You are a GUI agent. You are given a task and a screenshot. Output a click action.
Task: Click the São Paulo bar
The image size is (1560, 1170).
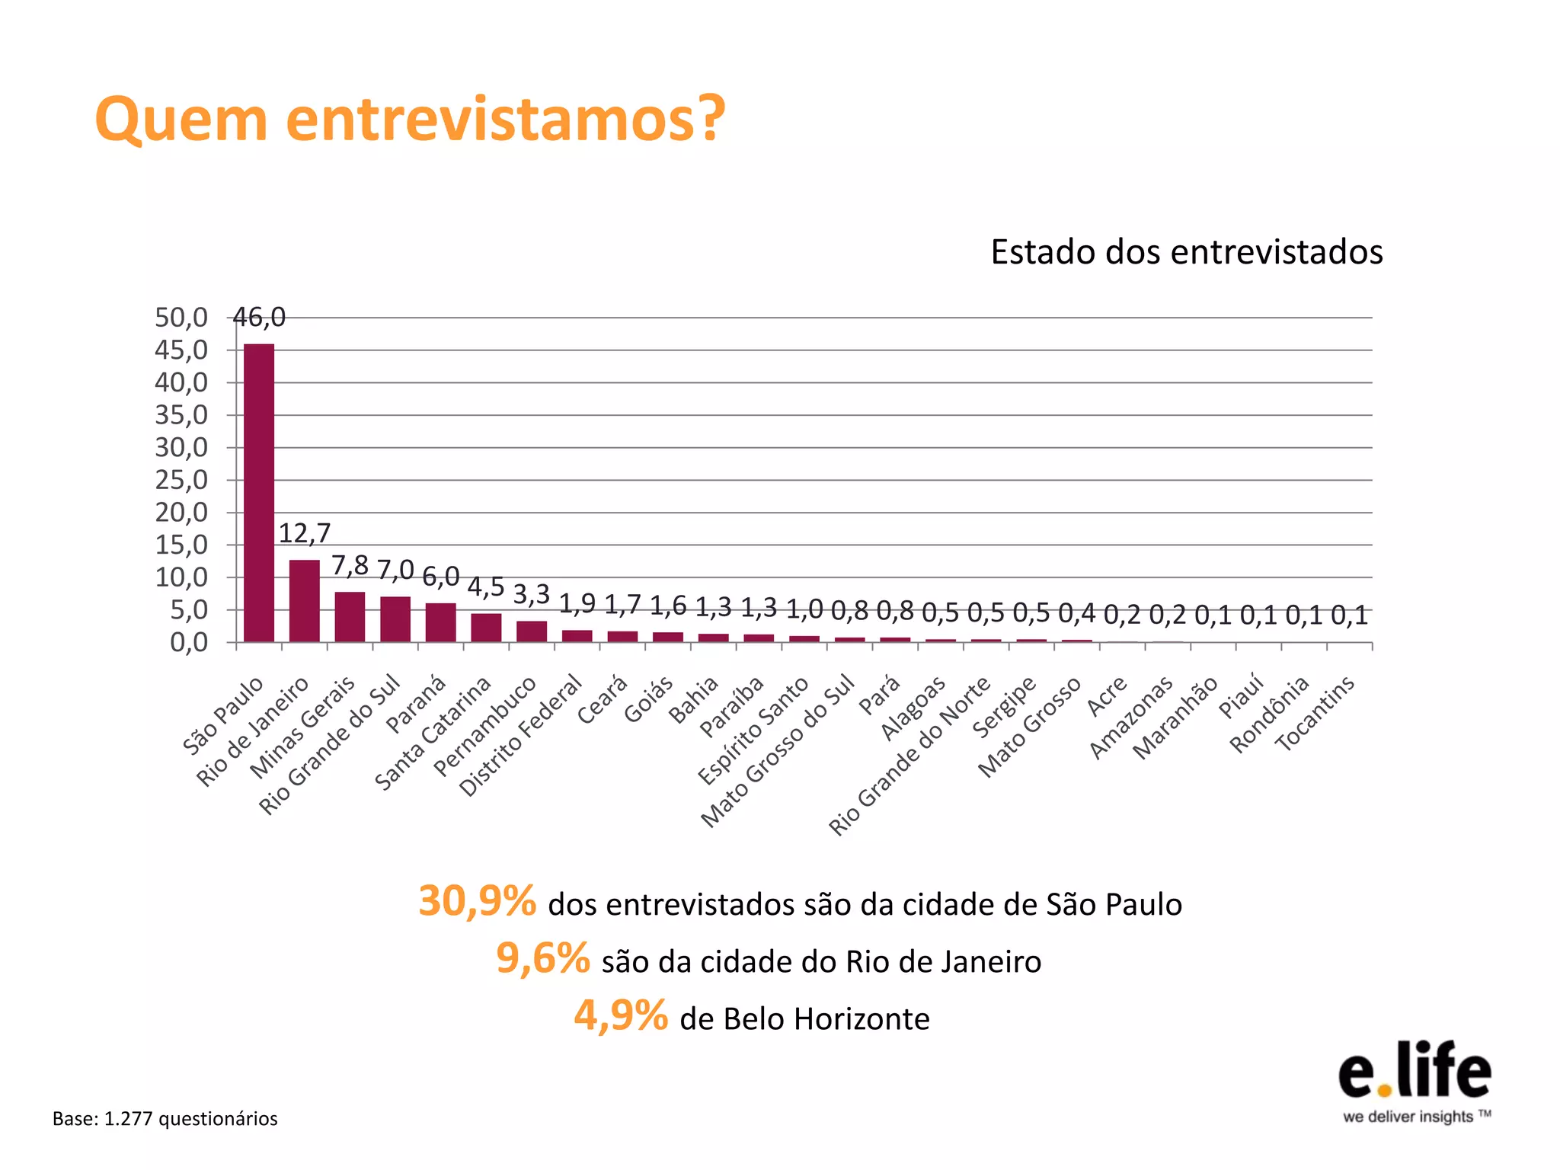click(259, 493)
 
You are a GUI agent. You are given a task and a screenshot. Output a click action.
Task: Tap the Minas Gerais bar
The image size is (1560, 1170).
click(350, 617)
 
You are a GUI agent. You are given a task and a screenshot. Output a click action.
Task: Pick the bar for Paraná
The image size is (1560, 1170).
click(440, 622)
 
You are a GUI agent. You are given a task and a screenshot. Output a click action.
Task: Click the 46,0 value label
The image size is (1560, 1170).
click(259, 318)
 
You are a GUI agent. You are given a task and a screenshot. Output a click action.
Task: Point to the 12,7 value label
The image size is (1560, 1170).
click(305, 533)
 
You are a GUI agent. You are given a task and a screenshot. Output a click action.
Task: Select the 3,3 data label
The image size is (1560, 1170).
click(531, 594)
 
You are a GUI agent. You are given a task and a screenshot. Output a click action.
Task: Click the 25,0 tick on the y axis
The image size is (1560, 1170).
click(181, 480)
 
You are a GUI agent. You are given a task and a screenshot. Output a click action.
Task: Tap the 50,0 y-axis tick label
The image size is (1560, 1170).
click(181, 318)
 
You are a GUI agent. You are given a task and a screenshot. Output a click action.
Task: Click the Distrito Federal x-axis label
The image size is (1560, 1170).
click(522, 735)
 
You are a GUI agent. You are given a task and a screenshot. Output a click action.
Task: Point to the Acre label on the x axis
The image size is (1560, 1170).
click(1107, 695)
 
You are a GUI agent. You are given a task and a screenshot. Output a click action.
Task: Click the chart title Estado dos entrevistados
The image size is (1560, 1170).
click(1186, 252)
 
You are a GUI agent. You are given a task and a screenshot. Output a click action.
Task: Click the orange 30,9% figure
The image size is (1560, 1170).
click(478, 901)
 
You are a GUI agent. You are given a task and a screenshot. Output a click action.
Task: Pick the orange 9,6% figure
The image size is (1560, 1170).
click(542, 958)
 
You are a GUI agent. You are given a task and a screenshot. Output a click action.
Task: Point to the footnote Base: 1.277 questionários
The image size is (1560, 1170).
click(165, 1118)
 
